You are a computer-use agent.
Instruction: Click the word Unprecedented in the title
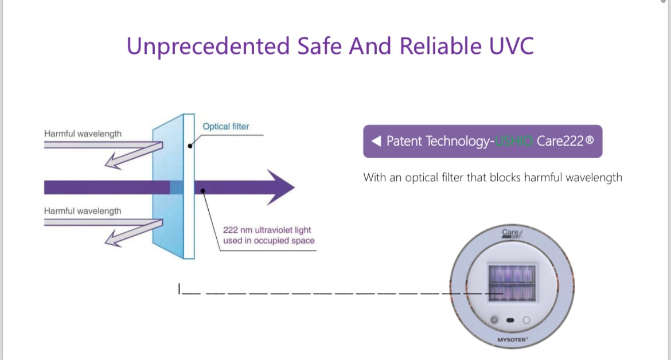(x=208, y=46)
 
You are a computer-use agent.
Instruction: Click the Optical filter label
(x=226, y=127)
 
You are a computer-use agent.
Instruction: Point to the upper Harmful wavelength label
(x=83, y=134)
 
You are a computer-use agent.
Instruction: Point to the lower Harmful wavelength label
(x=83, y=211)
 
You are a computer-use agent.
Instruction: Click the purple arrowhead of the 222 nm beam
(x=281, y=187)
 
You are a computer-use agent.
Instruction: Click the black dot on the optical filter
(x=190, y=146)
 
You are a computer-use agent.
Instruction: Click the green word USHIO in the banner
(x=514, y=142)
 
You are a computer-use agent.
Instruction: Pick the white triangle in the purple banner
(x=376, y=142)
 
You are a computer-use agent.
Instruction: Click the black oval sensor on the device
(x=510, y=320)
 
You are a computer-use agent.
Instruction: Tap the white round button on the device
(x=526, y=320)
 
